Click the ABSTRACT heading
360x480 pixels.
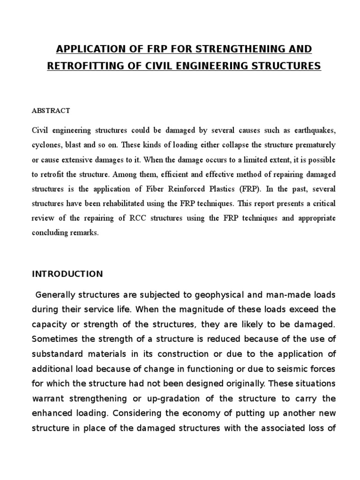tap(51, 111)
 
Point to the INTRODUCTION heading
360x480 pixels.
tap(67, 274)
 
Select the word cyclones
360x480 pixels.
tap(47, 144)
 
